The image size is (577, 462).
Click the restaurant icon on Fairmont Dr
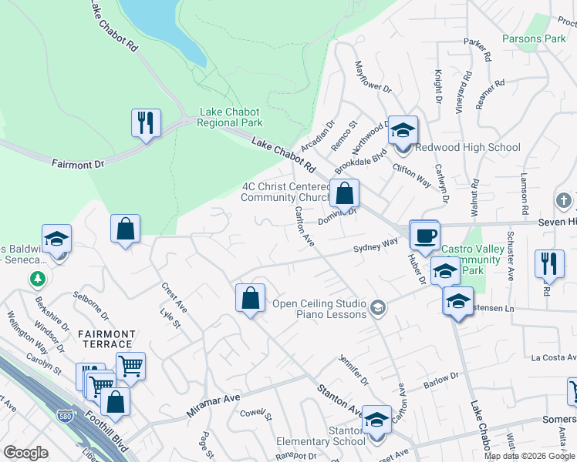pos(145,123)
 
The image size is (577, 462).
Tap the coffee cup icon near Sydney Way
pos(423,234)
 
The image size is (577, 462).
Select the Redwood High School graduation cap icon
pos(402,130)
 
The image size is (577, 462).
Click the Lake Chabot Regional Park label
pos(231,117)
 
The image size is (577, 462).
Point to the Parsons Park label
pos(534,38)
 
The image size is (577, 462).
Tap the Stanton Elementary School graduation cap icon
pos(376,420)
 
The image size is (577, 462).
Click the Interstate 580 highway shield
pos(66,417)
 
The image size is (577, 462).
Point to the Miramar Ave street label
pos(214,404)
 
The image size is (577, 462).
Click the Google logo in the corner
pos(25,453)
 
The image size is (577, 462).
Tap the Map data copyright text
pos(530,456)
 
